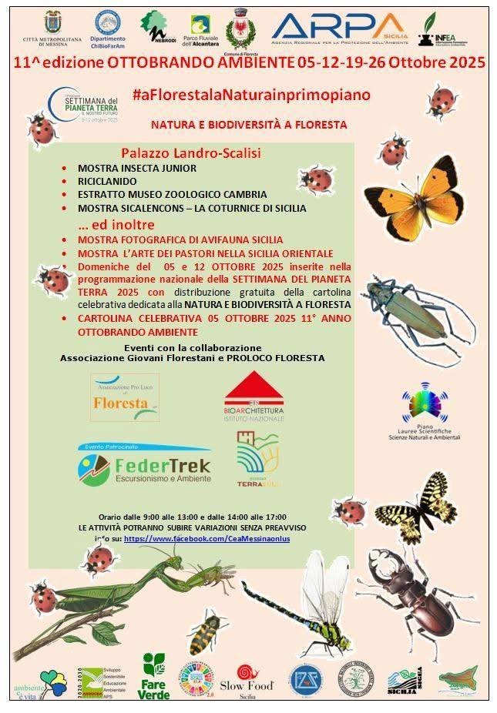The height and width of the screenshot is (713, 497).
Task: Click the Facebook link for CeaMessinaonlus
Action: (207, 539)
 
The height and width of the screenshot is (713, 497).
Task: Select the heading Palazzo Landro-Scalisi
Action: (191, 153)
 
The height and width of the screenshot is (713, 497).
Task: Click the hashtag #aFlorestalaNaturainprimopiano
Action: (251, 94)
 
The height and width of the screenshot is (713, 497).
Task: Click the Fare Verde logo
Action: (154, 676)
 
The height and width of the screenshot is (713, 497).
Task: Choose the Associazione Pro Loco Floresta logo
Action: (124, 397)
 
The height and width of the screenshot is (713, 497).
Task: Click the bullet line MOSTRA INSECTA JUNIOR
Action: (136, 168)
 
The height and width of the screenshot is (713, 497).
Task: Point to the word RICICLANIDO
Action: (107, 181)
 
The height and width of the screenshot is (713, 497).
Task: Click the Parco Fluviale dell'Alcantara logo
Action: (204, 32)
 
